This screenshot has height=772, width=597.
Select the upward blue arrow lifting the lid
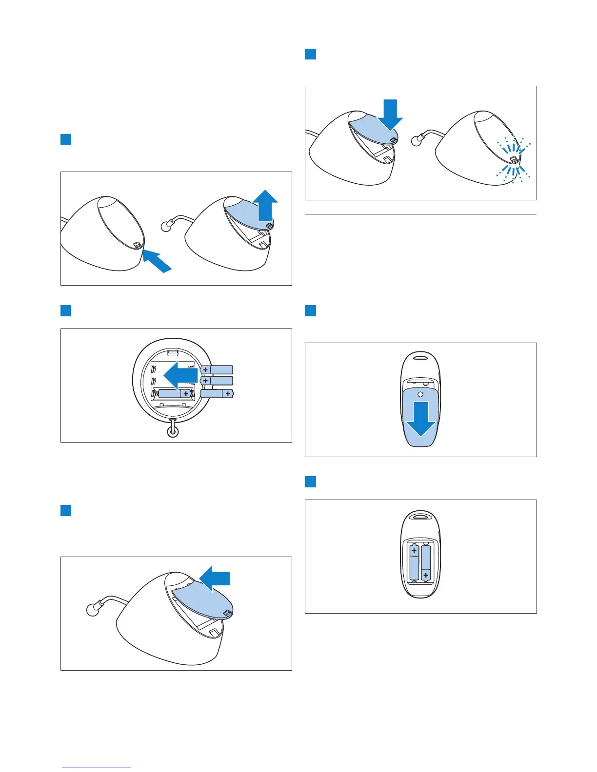tap(265, 205)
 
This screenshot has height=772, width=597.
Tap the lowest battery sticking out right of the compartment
tap(218, 393)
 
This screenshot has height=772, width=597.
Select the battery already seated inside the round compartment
tap(175, 393)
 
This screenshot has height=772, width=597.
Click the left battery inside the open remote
tap(414, 562)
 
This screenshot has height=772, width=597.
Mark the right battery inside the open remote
tap(426, 562)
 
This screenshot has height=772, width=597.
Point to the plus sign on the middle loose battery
tap(205, 381)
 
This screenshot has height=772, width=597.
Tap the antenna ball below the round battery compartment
tap(172, 431)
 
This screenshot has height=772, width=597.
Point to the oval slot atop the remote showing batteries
tap(420, 515)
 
